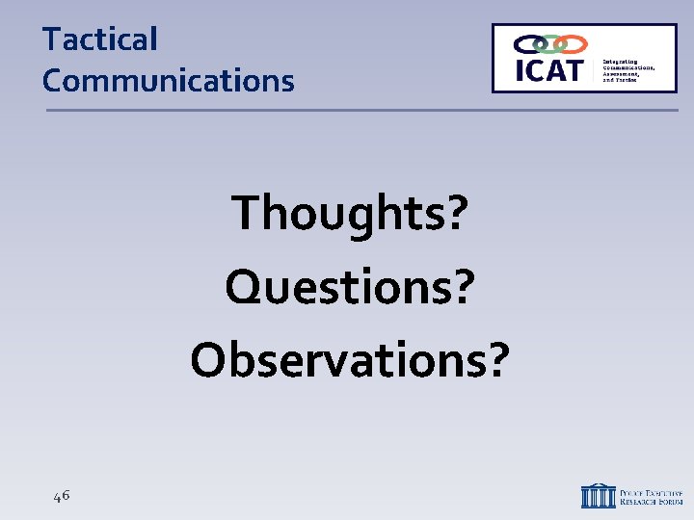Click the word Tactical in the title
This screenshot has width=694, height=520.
[x=99, y=39]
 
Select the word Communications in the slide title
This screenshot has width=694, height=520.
[x=168, y=81]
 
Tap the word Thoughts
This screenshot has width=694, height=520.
[x=336, y=213]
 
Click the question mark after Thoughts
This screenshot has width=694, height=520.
[x=454, y=213]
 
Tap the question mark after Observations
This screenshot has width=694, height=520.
[x=493, y=357]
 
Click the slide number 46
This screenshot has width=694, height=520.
[x=62, y=496]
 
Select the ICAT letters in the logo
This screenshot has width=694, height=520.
[x=548, y=70]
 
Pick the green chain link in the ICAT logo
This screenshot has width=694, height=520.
[x=550, y=43]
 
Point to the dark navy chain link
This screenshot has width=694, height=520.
[x=528, y=43]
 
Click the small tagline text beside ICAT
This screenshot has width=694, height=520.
[x=628, y=70]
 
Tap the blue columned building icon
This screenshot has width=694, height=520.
[x=598, y=495]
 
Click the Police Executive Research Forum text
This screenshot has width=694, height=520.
[x=652, y=495]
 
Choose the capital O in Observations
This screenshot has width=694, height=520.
[x=209, y=357]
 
